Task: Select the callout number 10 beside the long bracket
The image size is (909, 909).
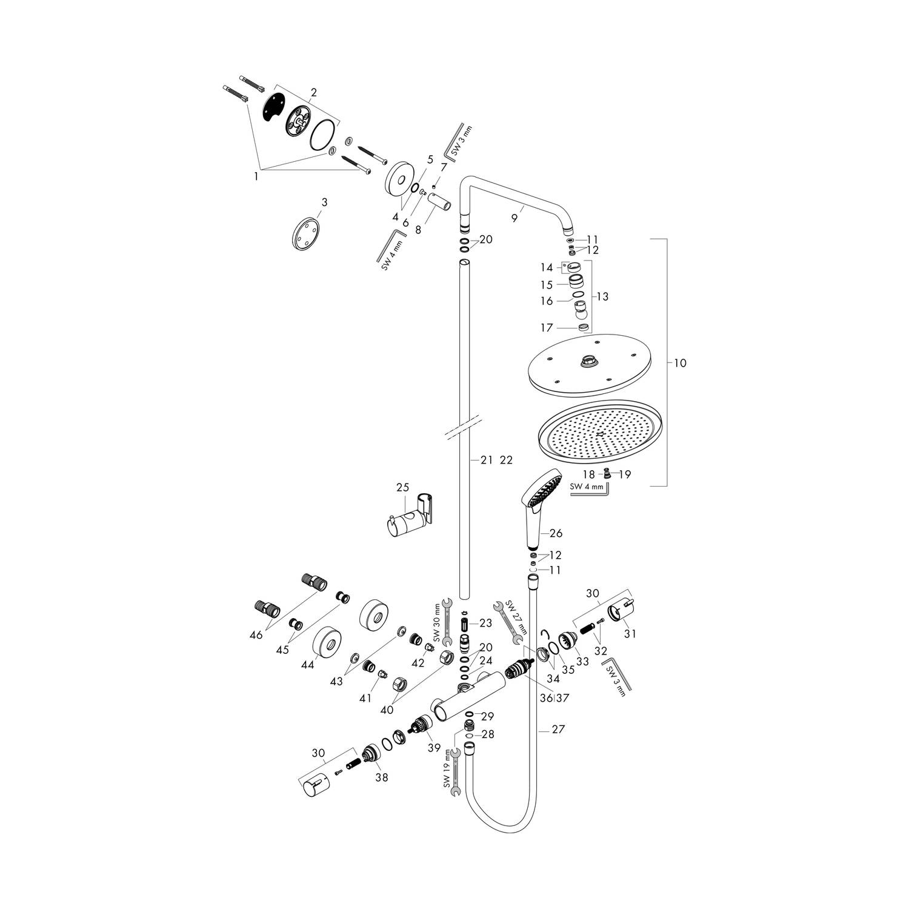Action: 680,363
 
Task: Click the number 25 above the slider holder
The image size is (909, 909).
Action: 403,487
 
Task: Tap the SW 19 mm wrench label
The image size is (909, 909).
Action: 447,768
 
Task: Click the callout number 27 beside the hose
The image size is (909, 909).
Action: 558,730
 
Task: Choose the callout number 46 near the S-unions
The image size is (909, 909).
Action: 256,634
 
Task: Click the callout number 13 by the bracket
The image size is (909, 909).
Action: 602,297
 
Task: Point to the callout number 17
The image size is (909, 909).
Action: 547,328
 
